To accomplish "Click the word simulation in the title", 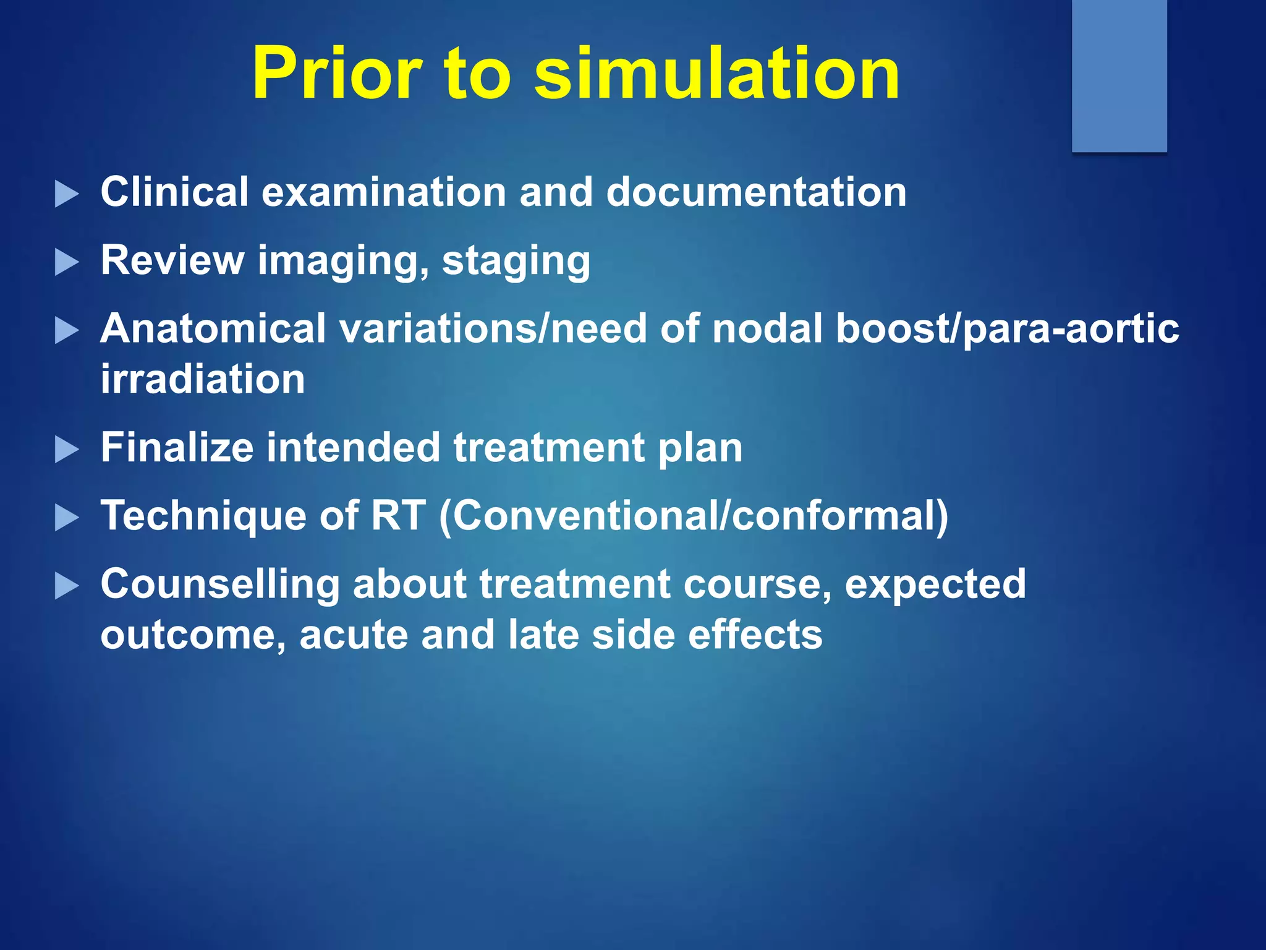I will pos(717,74).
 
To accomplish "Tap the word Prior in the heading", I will pos(337,74).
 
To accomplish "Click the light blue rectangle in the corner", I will pos(1119,74).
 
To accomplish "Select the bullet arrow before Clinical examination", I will pos(67,194).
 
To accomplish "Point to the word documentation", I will pos(756,192).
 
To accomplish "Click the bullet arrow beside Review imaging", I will pos(67,262).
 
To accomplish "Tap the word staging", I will pos(516,261).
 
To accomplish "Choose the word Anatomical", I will pos(213,328).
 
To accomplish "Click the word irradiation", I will pos(203,379).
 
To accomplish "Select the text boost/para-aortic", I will pos(1008,328).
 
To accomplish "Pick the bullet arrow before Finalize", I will pos(67,450).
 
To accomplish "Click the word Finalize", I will pos(177,448).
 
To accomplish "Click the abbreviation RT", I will pos(398,516).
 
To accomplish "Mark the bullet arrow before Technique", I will pos(67,518).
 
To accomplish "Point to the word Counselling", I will pos(220,584).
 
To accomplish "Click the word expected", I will pos(935,584).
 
